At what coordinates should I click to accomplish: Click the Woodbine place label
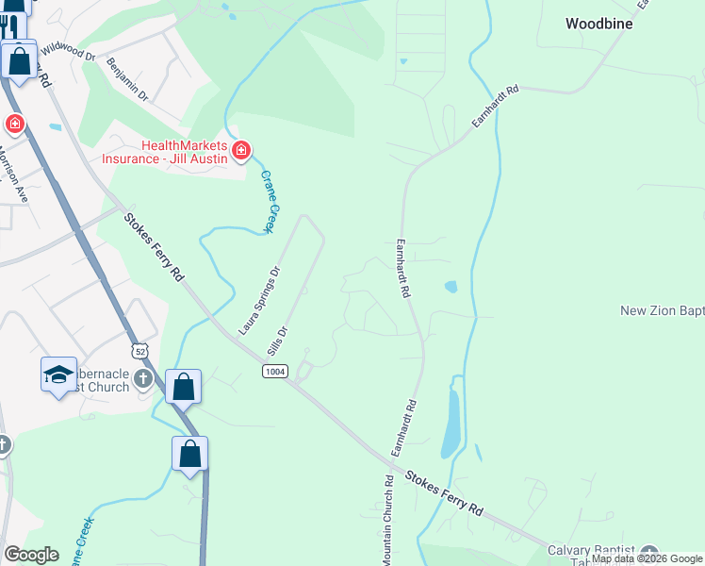pyautogui.click(x=598, y=24)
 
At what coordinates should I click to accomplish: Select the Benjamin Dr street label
pyautogui.click(x=128, y=79)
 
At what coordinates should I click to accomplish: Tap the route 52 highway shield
pyautogui.click(x=139, y=351)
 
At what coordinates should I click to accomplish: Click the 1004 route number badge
pyautogui.click(x=274, y=373)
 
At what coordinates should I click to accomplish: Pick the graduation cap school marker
pyautogui.click(x=58, y=374)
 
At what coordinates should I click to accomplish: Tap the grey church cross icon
pyautogui.click(x=142, y=379)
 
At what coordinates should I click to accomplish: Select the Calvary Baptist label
pyautogui.click(x=603, y=550)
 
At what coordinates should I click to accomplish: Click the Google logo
pyautogui.click(x=31, y=555)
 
